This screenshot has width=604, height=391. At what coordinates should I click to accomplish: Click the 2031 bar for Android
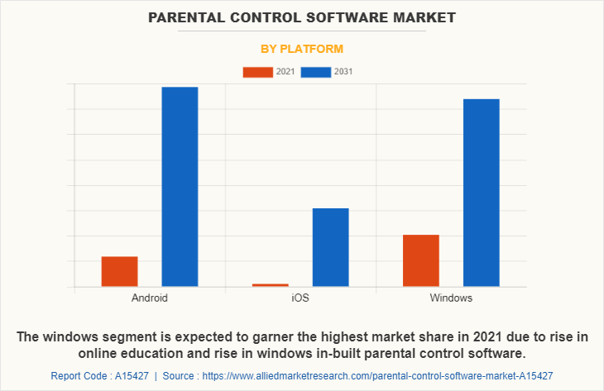[180, 187]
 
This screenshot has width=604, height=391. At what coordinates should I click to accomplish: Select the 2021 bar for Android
[119, 272]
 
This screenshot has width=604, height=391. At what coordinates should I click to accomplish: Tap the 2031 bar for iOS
[330, 247]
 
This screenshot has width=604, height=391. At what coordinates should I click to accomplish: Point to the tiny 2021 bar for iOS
[271, 285]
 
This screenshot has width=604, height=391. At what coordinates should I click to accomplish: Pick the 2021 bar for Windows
[421, 260]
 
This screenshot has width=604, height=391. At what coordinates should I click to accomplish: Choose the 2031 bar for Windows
[481, 193]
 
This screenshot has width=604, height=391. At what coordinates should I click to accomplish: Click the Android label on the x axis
[149, 298]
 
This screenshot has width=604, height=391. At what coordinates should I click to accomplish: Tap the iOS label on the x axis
[300, 298]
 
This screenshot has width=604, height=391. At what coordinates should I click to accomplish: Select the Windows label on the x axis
[451, 298]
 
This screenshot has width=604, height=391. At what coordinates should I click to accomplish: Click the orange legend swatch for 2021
[257, 72]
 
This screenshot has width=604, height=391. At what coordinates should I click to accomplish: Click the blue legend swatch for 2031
[315, 72]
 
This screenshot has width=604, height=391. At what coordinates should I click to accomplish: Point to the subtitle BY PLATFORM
[302, 49]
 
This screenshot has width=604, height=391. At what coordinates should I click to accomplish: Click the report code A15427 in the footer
[128, 375]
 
